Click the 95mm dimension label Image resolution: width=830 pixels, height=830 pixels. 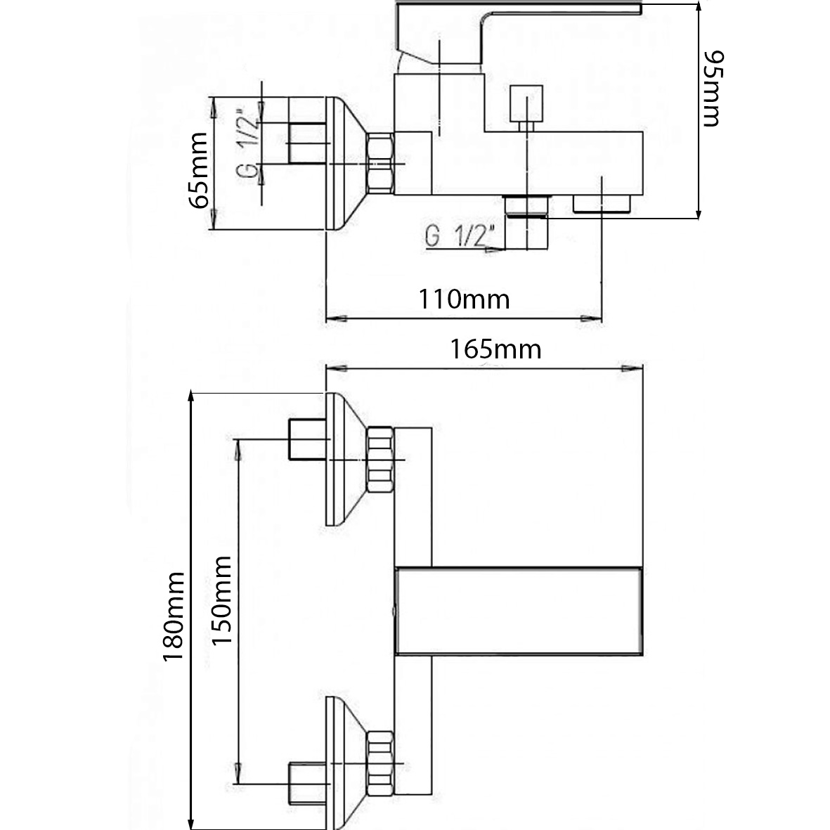pos(711,89)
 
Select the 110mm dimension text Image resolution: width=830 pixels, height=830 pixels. pos(464,299)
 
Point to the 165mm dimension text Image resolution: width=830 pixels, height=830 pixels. pos(496,349)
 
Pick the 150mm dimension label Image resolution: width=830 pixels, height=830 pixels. pos(221,601)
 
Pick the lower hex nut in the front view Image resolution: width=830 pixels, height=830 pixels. pos(380,765)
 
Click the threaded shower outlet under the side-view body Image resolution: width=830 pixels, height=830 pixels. pos(526,206)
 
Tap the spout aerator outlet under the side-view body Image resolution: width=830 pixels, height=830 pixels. pos(602,205)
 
